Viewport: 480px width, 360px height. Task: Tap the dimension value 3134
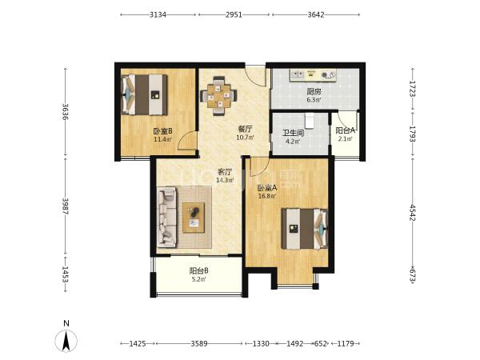(158, 14)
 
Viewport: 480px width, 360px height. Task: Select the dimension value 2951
(234, 14)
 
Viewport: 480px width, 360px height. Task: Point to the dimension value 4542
(412, 213)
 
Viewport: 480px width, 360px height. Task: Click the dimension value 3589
(199, 343)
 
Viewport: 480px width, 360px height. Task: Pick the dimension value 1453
(66, 274)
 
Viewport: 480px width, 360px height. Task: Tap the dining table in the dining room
(218, 95)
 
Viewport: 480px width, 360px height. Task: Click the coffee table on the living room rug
(194, 218)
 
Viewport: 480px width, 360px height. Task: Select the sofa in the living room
(167, 218)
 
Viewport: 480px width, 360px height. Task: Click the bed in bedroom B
(144, 94)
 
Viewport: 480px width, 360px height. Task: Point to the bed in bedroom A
(305, 229)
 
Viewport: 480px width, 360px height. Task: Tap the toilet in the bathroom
(309, 120)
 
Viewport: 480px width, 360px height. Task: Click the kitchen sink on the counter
(297, 74)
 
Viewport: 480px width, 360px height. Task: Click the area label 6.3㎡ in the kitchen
(314, 99)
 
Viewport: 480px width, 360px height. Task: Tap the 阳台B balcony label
(199, 271)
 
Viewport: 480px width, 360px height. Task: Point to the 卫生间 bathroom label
(293, 133)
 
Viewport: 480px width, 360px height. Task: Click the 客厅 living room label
(225, 172)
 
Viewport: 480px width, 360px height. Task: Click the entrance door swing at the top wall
(256, 77)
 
